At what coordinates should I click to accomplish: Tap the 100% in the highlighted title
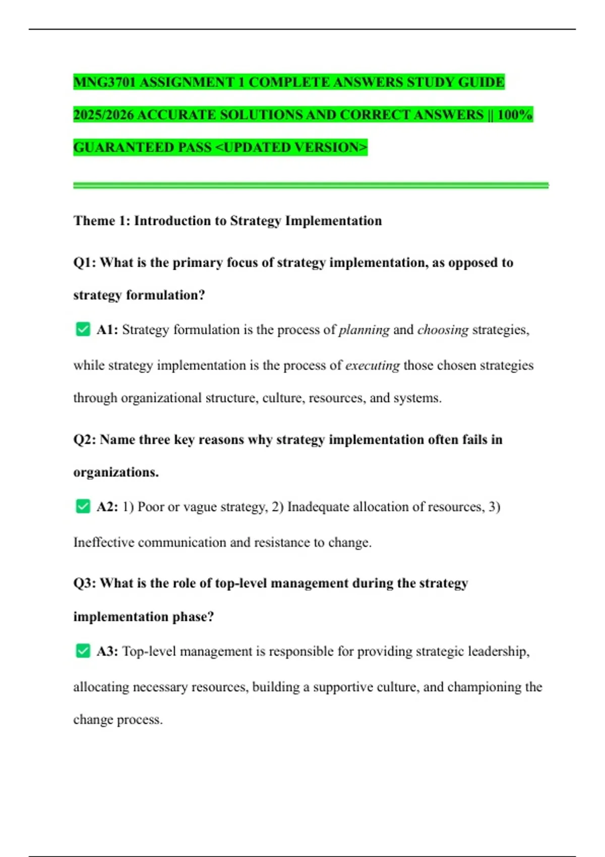(x=515, y=115)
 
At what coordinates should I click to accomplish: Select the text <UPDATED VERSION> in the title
(x=291, y=147)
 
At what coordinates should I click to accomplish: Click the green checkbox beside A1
(x=83, y=329)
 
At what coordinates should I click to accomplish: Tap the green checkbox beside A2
(x=83, y=506)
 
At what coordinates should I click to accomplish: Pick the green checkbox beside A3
(x=83, y=651)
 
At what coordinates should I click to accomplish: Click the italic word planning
(x=364, y=330)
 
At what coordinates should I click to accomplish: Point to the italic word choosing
(x=443, y=330)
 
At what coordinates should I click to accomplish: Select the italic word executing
(x=372, y=365)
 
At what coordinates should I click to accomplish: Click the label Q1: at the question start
(x=85, y=263)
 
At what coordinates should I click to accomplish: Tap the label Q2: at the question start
(x=85, y=440)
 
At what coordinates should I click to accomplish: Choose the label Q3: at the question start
(x=85, y=583)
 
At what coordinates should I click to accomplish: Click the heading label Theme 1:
(x=102, y=221)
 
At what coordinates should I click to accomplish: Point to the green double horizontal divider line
(x=311, y=186)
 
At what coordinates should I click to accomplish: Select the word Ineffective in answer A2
(x=104, y=542)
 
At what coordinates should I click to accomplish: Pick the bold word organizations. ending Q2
(x=116, y=472)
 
